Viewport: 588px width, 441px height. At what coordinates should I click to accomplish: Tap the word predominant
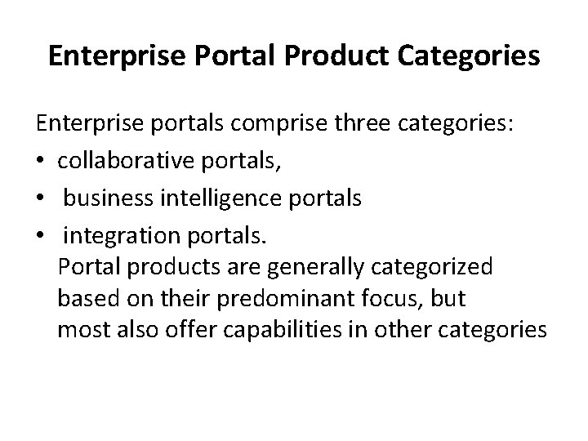283,299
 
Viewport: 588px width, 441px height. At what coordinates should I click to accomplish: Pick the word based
85,299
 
